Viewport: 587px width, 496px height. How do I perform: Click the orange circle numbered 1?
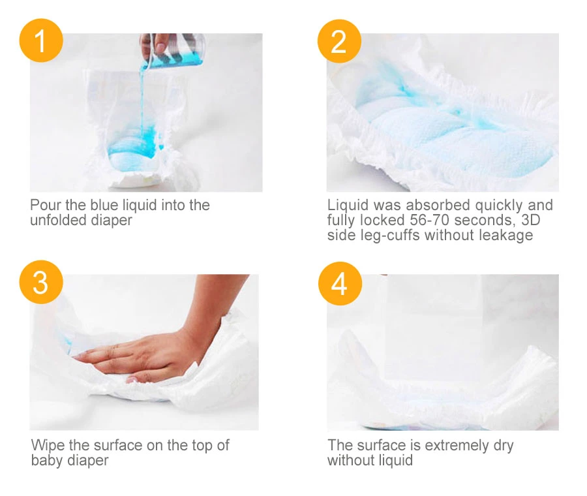pyautogui.click(x=41, y=40)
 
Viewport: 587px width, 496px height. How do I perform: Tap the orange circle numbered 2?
pyautogui.click(x=339, y=41)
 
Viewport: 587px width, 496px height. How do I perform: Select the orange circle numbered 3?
pyautogui.click(x=41, y=282)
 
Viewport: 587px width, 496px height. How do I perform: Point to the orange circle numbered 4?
pyautogui.click(x=340, y=283)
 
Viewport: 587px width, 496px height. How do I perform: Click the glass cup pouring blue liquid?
pyautogui.click(x=173, y=50)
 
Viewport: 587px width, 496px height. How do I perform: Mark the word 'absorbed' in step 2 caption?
pyautogui.click(x=438, y=206)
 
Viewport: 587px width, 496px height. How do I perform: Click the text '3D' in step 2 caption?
pyautogui.click(x=530, y=220)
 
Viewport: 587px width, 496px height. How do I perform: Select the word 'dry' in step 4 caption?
pyautogui.click(x=504, y=446)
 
